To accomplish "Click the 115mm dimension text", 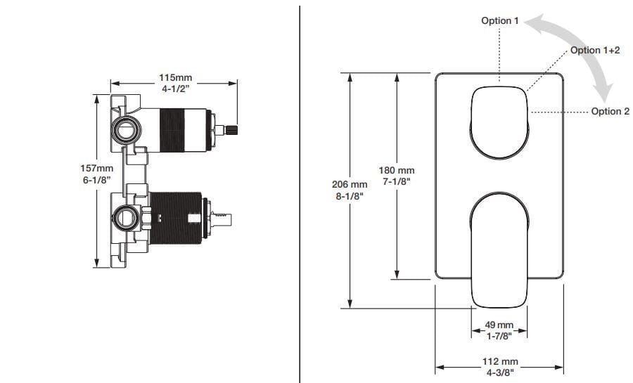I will (x=175, y=77).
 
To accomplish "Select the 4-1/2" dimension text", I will (x=175, y=89).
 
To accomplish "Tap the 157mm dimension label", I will (x=97, y=169).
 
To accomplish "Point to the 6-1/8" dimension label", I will (x=97, y=180).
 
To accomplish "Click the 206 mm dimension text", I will (x=350, y=184).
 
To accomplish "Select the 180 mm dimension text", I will (x=397, y=170).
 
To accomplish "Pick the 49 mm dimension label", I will (x=499, y=325).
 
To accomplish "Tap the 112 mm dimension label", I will (x=499, y=361).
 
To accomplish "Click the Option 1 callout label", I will (x=499, y=21).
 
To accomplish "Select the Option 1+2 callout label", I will (x=594, y=51).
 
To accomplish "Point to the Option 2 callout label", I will (x=610, y=111).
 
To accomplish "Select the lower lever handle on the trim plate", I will (x=499, y=249).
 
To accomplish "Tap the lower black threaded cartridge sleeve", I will (x=175, y=216).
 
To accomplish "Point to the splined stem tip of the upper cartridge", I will (x=230, y=129).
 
